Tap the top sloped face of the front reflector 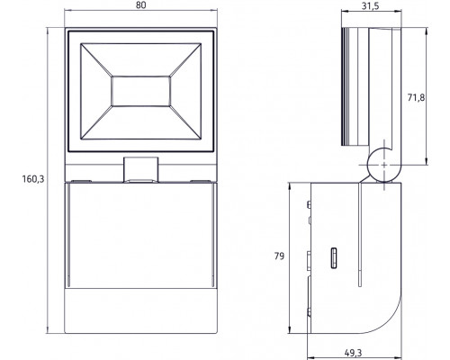141,55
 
